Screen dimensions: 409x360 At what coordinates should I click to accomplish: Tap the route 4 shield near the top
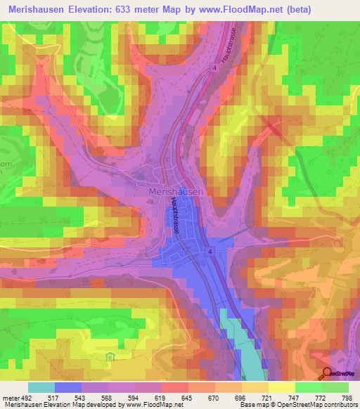[x=211, y=68]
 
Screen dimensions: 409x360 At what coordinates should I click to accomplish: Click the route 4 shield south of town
[x=210, y=250]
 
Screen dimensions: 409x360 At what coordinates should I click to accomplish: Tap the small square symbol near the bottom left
[x=109, y=357]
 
